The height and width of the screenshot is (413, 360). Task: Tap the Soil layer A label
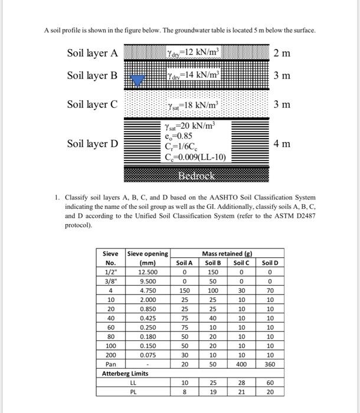93,53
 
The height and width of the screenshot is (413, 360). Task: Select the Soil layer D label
93,143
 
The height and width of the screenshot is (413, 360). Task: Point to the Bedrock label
198,176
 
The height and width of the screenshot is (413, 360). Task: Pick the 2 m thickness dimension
282,53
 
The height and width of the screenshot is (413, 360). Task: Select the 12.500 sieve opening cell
148,272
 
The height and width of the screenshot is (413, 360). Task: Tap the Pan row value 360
269,363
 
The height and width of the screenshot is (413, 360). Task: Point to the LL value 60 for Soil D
269,382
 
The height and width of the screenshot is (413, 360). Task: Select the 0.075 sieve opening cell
148,355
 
